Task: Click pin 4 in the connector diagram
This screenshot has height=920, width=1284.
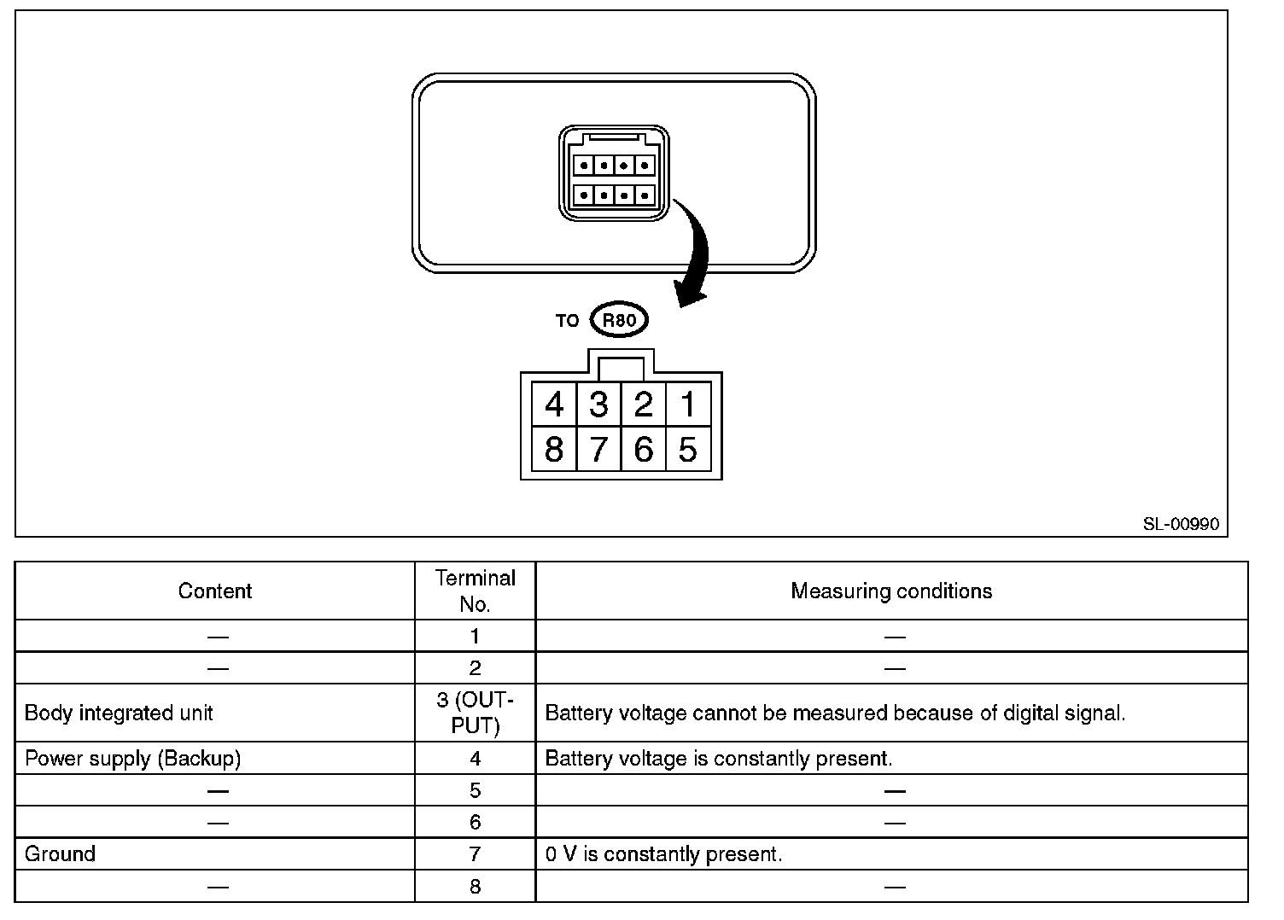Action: pos(554,404)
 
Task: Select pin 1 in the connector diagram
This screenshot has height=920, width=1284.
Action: pos(688,404)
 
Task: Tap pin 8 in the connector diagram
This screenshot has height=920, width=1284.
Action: pos(554,449)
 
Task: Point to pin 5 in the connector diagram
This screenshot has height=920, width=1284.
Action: pos(688,449)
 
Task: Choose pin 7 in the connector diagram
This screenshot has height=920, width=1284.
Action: pos(598,449)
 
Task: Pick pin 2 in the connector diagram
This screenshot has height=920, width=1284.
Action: pos(644,404)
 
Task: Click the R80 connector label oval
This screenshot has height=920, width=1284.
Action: pos(619,321)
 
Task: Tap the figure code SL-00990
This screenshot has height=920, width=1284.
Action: pos(1181,524)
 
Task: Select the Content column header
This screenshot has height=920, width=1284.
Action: pos(215,591)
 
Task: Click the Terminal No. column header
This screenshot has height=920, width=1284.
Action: pos(476,591)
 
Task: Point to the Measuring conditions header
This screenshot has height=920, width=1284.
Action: pos(891,591)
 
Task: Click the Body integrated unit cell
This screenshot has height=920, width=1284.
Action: pos(119,713)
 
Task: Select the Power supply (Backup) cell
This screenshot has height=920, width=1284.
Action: pos(132,759)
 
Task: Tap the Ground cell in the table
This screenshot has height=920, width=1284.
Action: pos(60,854)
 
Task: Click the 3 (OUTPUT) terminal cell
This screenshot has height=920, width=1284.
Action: pos(476,713)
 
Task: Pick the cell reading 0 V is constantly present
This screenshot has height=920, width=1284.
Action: pos(663,854)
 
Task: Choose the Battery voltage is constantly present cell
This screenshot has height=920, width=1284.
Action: pos(718,759)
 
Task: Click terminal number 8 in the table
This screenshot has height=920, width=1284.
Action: pos(476,887)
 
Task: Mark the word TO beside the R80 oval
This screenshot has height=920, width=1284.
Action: pos(567,321)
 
